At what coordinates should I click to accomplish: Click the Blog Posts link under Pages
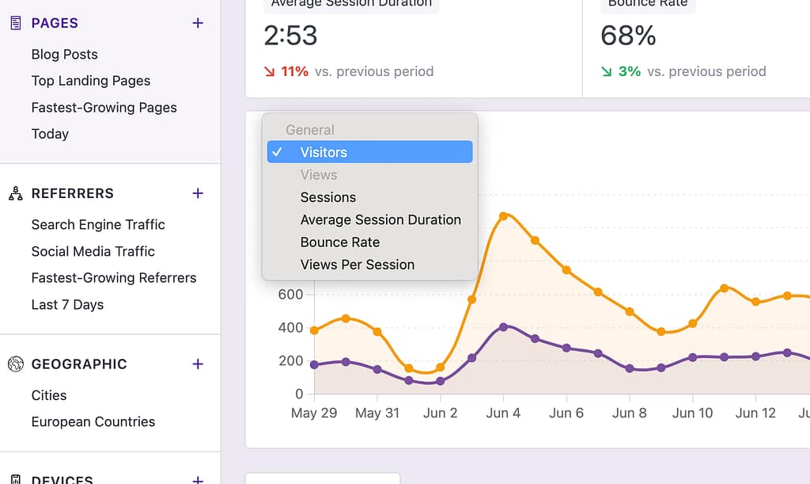coord(65,55)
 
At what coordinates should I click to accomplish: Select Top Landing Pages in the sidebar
coord(91,81)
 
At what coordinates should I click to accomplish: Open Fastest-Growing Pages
coord(104,108)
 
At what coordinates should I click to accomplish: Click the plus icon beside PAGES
coord(198,23)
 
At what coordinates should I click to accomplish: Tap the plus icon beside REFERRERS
coord(198,193)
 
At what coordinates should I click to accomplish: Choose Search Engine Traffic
coord(98,225)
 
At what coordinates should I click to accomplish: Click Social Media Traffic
coord(93,251)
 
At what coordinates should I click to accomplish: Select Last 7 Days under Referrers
coord(67,305)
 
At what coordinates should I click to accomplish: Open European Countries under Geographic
coord(93,422)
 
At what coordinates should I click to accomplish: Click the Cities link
coord(49,395)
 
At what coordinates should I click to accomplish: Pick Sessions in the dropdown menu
coord(328,197)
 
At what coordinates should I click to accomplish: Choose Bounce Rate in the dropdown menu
coord(340,242)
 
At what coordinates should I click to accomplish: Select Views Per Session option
coord(358,265)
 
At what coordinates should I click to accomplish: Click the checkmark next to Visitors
coord(277,152)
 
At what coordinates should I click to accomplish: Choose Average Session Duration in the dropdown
coord(380,220)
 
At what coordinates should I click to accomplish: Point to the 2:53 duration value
coord(290,36)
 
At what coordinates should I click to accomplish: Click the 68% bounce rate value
coord(628,36)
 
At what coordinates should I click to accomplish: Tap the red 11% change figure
coord(294,71)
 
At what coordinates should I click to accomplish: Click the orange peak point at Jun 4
coord(503,215)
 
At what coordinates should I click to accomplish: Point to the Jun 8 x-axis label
coord(630,413)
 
